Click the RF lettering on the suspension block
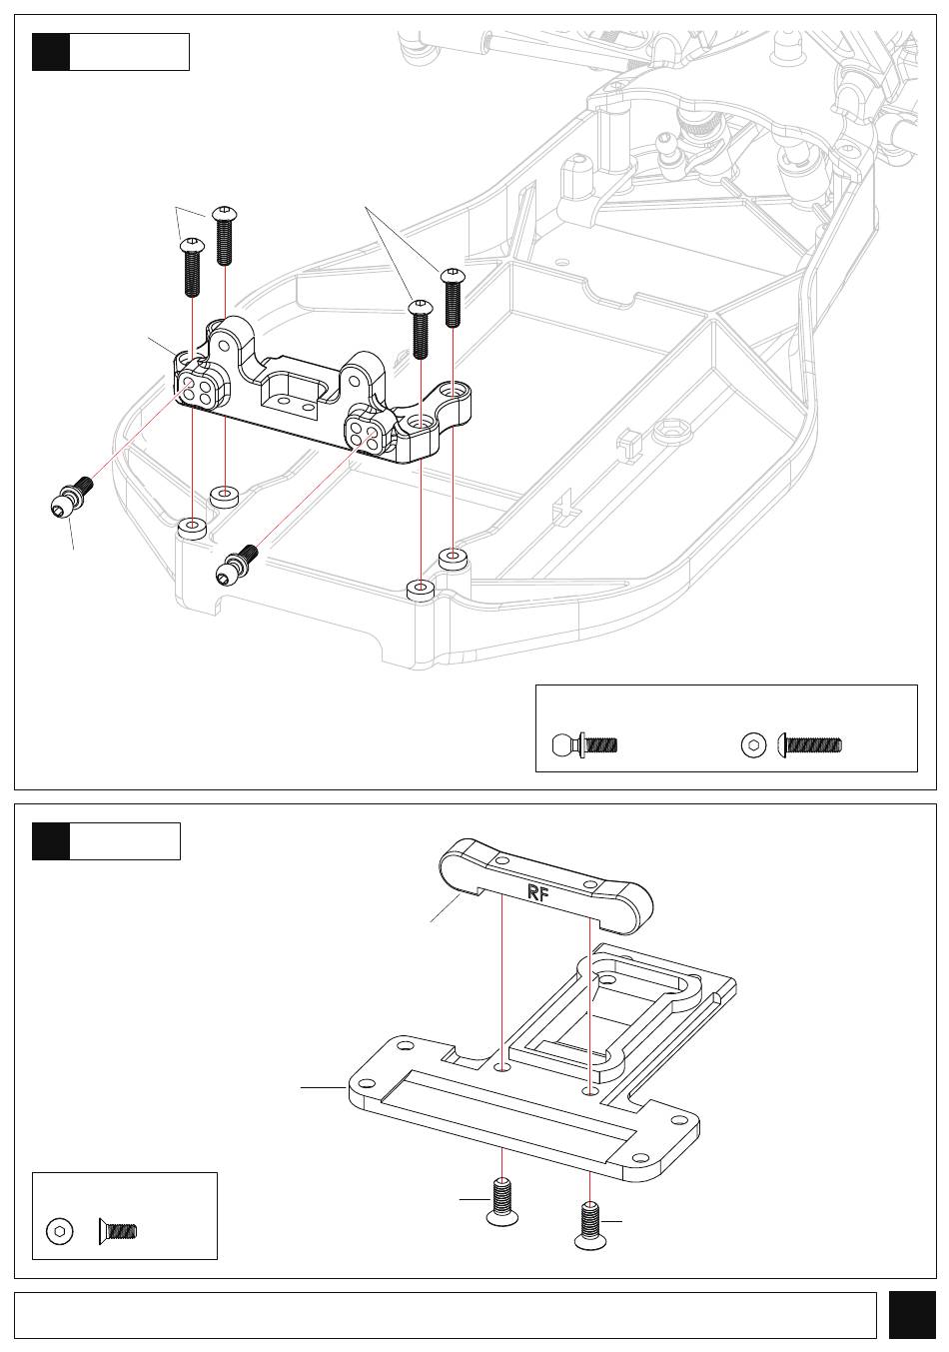tap(537, 892)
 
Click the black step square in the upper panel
tap(51, 52)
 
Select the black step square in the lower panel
tap(51, 840)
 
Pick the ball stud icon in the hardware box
tap(584, 744)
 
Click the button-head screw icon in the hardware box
tap(809, 744)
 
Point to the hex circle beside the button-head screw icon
tap(753, 744)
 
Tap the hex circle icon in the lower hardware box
tap(60, 1231)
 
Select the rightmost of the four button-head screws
tap(454, 298)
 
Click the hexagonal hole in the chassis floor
tap(673, 431)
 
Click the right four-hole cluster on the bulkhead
tap(364, 435)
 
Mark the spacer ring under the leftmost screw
tap(192, 526)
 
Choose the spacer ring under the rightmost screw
tap(454, 558)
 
